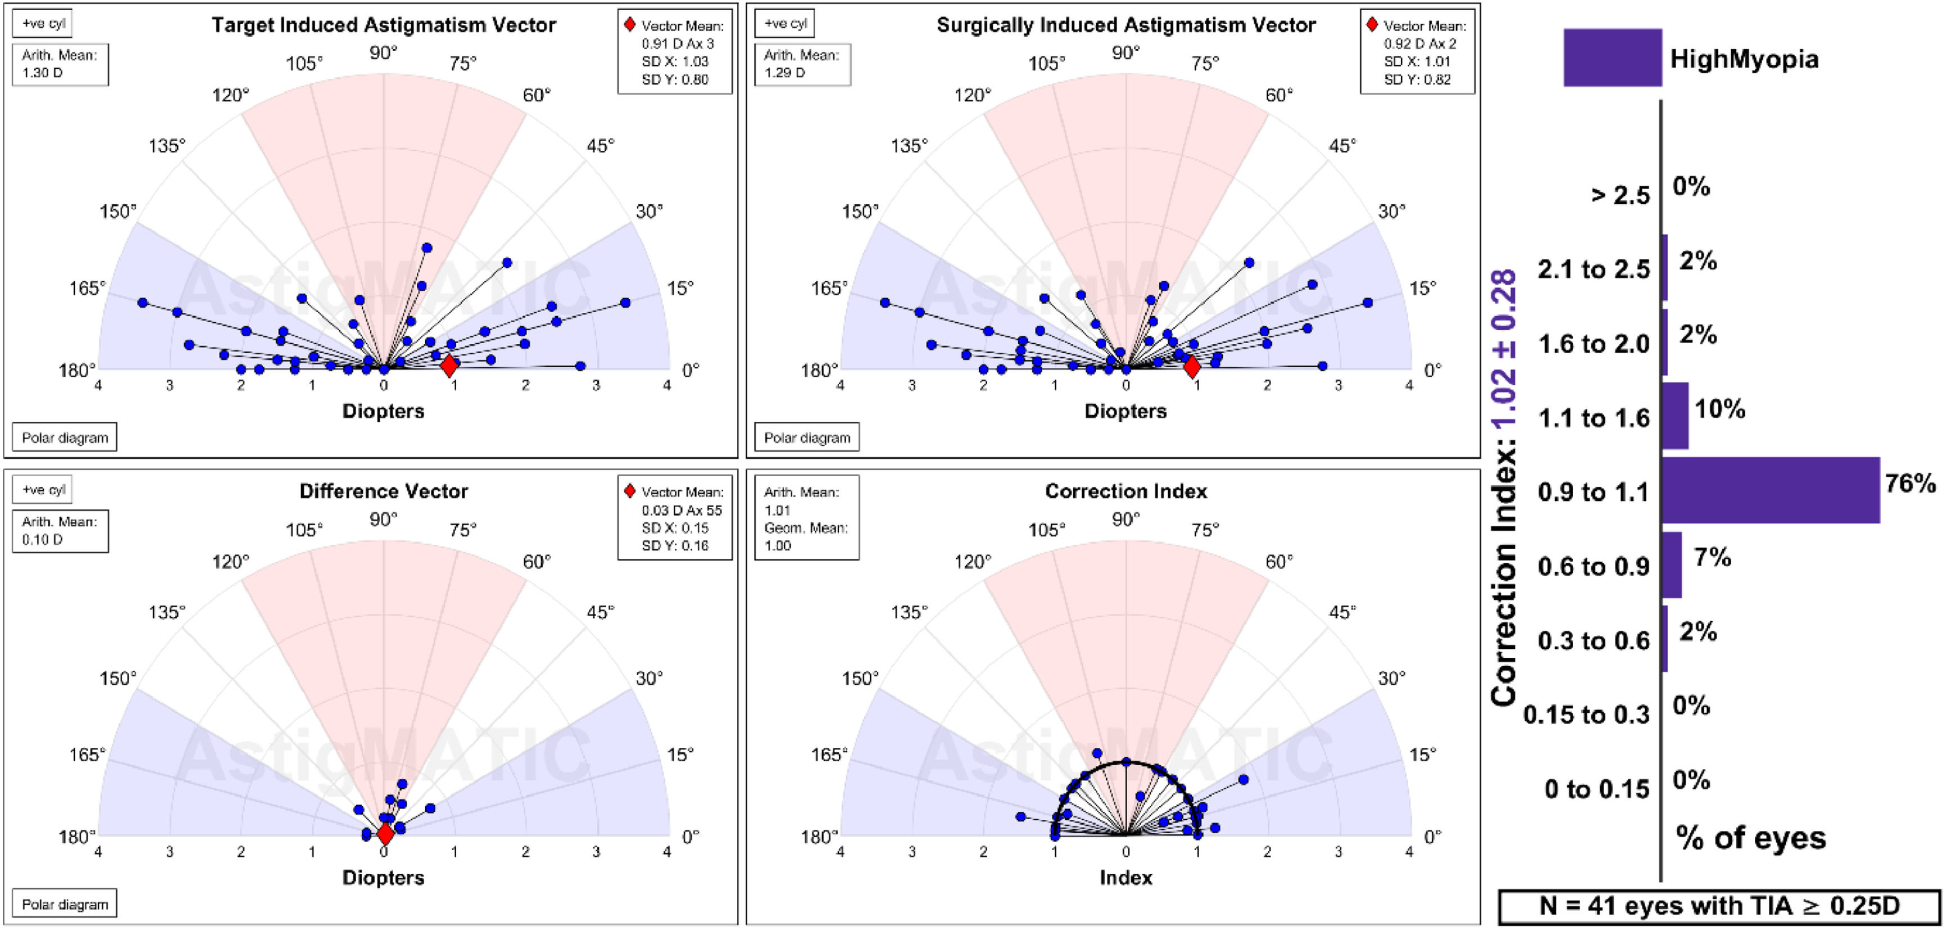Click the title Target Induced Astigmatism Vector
pos(384,25)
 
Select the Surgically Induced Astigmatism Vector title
pos(1126,25)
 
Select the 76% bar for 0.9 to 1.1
pos(1770,490)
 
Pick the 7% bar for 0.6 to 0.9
pos(1671,565)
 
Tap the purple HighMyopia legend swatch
pos(1612,58)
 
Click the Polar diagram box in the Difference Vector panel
pos(65,904)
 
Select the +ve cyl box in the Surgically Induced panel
pos(785,24)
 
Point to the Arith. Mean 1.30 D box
pos(60,64)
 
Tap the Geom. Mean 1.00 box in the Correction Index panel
pos(807,536)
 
